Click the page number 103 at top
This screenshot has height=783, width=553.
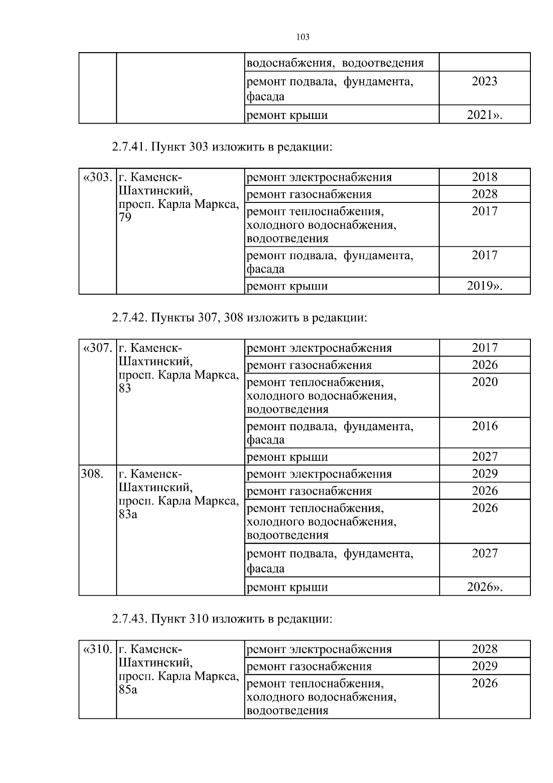click(303, 37)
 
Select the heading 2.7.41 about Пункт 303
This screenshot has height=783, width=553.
click(222, 147)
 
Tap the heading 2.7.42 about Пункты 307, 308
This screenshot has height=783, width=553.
click(239, 318)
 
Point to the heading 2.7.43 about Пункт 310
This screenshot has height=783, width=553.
click(222, 619)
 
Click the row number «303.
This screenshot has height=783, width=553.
click(97, 177)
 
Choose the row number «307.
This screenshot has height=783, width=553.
click(97, 348)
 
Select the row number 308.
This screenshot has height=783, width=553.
click(92, 474)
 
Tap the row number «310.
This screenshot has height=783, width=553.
click(97, 649)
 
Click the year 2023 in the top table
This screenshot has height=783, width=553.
click(484, 82)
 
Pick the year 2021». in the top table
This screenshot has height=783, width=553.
click(484, 115)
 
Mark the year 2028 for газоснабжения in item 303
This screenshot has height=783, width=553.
click(484, 194)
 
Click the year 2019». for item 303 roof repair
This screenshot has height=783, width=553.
click(484, 286)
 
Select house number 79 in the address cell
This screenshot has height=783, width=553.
click(125, 218)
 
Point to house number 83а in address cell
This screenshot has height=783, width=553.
click(128, 514)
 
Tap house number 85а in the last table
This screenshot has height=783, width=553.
click(128, 690)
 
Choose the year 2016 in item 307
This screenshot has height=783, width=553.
click(484, 426)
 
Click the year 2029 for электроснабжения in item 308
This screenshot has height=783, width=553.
click(484, 474)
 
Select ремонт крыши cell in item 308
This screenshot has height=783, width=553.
click(288, 587)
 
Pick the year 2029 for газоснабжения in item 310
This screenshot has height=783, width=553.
click(484, 666)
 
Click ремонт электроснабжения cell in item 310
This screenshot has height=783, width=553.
click(319, 649)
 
